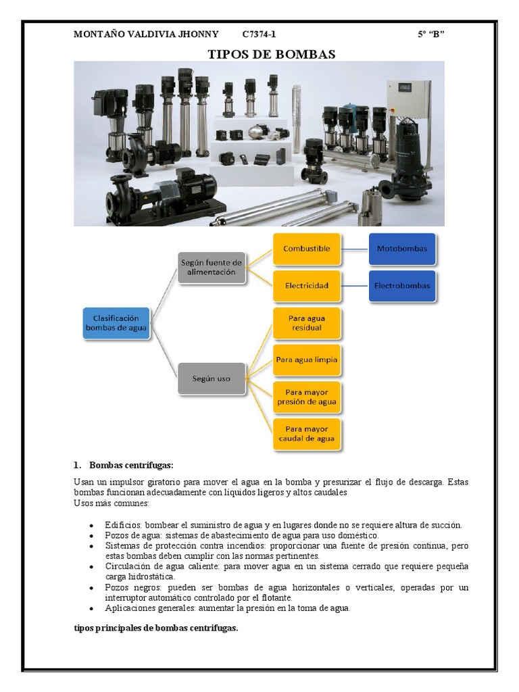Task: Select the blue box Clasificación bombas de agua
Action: pos(116,324)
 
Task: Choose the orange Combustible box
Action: pos(307,249)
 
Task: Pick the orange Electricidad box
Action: pos(307,286)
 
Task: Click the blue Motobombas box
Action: pos(402,249)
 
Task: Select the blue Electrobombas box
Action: pos(402,286)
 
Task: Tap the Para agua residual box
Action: pos(307,323)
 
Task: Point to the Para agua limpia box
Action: pos(307,360)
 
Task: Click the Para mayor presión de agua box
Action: pos(307,397)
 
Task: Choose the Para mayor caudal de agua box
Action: pos(307,434)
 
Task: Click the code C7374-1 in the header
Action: pos(259,34)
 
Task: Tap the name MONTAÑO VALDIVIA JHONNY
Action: pos(146,34)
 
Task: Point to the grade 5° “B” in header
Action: pos(430,34)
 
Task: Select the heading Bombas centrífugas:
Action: pos(131,465)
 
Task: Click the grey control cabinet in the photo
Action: pos(407,101)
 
